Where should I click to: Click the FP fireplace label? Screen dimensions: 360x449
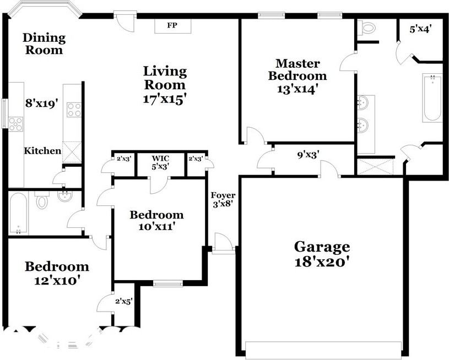172,26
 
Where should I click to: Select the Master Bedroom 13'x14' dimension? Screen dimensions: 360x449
297,89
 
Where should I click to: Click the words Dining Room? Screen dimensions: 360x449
44,43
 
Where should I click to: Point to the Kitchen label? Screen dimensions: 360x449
42,151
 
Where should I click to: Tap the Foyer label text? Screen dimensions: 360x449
223,195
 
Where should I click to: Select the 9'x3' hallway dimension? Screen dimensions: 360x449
309,156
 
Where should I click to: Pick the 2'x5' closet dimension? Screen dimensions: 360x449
123,301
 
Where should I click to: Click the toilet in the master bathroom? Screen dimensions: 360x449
367,28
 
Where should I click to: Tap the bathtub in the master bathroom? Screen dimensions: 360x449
432,97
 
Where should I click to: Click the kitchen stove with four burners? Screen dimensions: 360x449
73,110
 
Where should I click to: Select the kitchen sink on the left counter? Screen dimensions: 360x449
15,124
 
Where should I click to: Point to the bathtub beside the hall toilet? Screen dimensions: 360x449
18,213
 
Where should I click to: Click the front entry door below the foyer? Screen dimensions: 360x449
223,243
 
